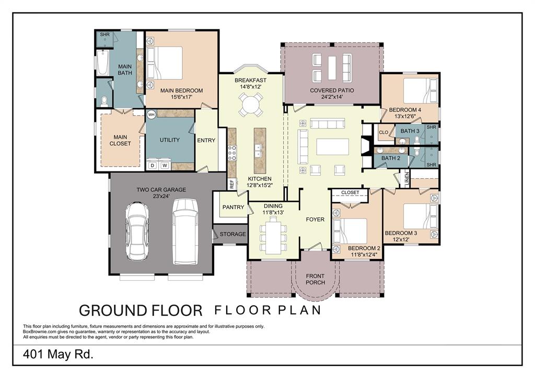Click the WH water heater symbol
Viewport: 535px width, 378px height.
pos(152,114)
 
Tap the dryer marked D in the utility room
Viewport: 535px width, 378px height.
pos(153,166)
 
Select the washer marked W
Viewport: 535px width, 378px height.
pos(165,166)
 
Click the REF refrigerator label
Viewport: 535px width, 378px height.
pos(232,184)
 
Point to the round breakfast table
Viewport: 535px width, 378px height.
pos(250,104)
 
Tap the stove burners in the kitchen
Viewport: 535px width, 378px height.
pos(232,153)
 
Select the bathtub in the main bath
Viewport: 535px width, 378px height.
pos(103,63)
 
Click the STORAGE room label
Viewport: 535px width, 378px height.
pos(232,234)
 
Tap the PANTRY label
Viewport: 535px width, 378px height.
pos(234,207)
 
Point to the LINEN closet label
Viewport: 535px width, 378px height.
pos(406,179)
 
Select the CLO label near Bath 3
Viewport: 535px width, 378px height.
pos(383,132)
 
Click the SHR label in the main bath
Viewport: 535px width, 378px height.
pos(104,35)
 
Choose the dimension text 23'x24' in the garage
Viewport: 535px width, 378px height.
pos(161,197)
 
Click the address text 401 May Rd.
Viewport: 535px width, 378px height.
pos(58,354)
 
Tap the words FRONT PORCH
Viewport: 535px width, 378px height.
pos(315,279)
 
